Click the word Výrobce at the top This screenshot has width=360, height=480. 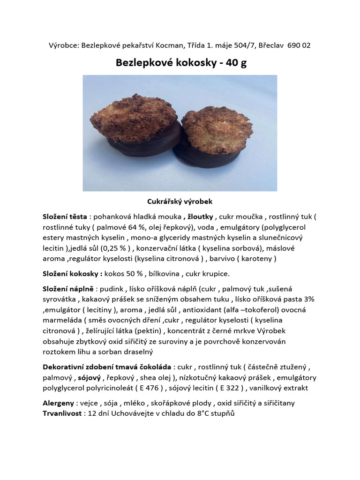(64, 45)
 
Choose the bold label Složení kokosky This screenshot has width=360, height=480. (72, 274)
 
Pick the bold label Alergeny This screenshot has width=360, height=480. (58, 403)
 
